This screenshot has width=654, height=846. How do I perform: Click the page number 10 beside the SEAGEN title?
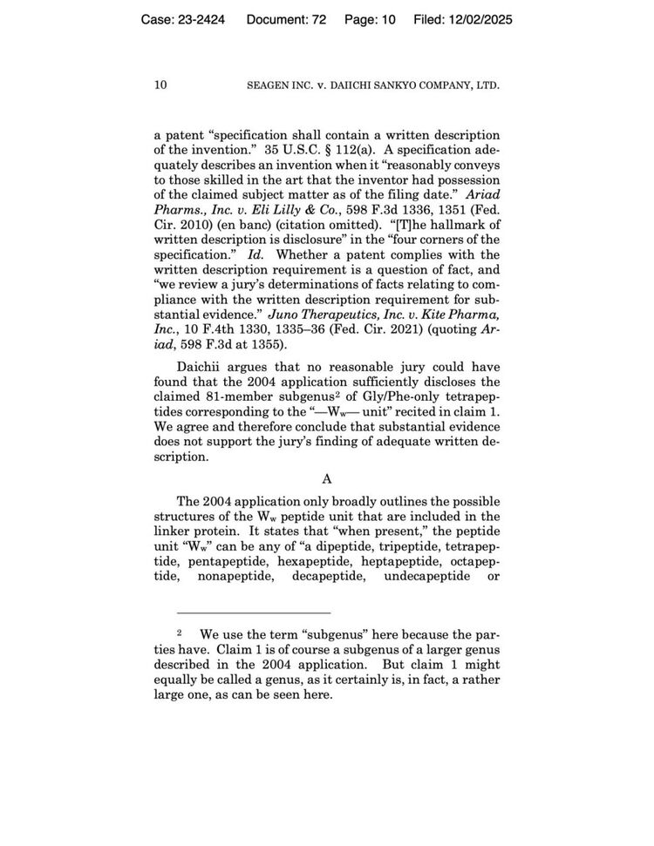coord(160,85)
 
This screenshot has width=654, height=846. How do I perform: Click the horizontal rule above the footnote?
coord(253,613)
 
